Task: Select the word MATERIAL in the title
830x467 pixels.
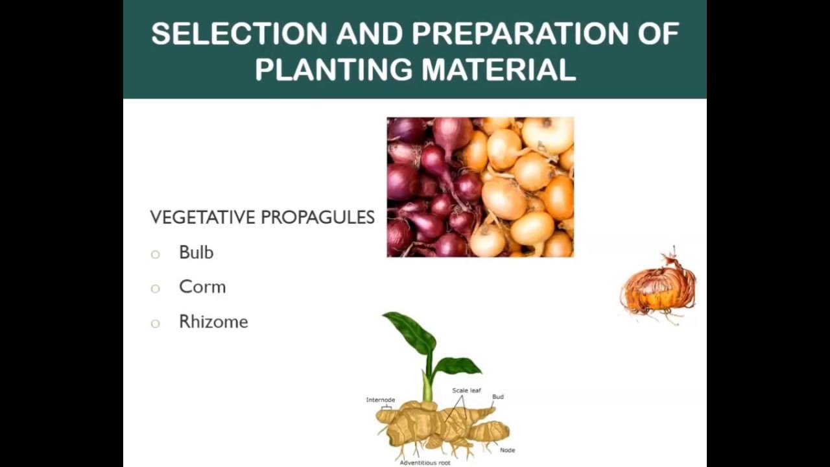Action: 499,69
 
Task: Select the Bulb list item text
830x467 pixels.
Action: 196,252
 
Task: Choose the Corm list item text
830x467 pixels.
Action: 202,287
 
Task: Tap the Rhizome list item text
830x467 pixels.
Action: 213,322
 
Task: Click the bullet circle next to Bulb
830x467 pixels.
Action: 155,254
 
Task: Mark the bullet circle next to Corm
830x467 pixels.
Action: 155,289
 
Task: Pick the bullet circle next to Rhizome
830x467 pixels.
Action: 155,323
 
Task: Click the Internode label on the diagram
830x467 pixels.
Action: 381,400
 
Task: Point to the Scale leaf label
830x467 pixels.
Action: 466,390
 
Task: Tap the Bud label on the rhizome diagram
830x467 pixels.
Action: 498,396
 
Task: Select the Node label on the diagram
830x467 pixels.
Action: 508,450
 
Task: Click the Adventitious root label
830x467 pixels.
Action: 425,462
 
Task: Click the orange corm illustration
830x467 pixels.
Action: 658,289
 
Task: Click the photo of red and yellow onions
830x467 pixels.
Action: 480,187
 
